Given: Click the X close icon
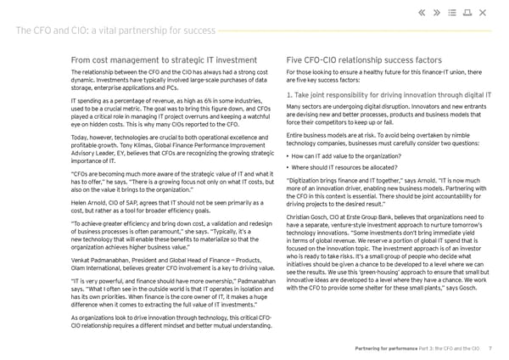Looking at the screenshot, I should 482,13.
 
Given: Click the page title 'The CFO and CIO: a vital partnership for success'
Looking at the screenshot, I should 114,31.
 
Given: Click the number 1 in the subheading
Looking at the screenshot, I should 290,95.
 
